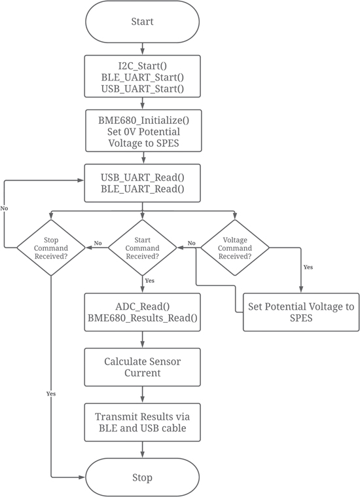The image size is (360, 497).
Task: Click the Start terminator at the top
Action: coord(142,22)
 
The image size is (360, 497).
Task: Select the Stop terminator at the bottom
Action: coord(142,477)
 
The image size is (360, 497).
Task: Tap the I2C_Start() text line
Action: coord(142,65)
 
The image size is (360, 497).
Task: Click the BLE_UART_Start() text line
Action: coord(142,77)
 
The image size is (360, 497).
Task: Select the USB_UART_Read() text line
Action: coord(142,177)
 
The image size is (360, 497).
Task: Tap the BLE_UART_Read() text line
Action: coord(142,189)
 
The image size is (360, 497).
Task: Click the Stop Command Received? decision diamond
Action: coord(51,248)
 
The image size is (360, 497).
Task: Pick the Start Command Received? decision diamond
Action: coord(142,248)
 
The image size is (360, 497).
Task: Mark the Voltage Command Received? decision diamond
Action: coord(235,248)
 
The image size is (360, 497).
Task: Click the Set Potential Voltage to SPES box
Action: coord(301,312)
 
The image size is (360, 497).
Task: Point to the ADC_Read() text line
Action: coord(142,306)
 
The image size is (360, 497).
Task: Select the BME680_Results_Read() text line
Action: coord(142,318)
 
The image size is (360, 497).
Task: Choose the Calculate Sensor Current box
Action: coord(142,367)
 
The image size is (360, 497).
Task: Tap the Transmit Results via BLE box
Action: coord(142,422)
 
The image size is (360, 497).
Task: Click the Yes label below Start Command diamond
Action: coord(150,280)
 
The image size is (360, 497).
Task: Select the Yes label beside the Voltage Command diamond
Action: coord(308,267)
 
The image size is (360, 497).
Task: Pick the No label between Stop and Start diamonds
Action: coord(98,243)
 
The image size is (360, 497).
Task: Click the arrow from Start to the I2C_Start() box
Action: coord(142,48)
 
